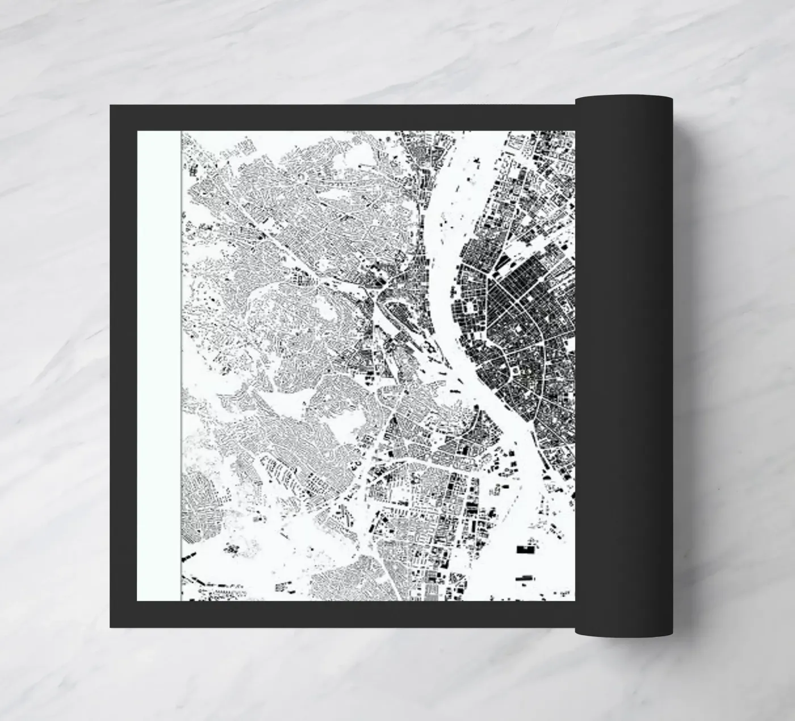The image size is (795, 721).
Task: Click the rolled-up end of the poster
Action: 625,364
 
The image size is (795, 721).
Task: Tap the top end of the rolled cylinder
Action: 625,101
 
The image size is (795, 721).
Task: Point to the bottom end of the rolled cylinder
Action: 625,629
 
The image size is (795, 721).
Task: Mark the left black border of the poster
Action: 123,364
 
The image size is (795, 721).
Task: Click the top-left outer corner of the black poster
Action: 111,105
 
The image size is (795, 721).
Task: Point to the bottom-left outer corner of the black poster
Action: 111,627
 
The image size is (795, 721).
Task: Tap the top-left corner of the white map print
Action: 138,132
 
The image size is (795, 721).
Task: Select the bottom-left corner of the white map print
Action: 138,600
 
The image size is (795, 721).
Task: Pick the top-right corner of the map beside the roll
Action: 574,132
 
